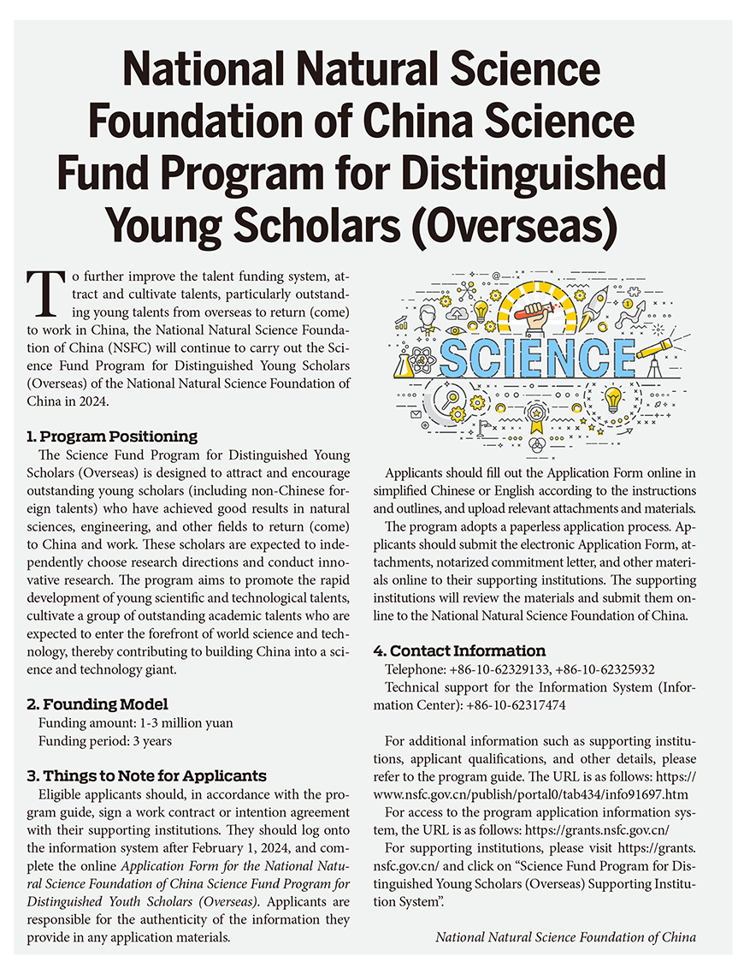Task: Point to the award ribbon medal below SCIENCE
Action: coord(537,419)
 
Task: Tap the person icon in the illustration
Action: coord(426,318)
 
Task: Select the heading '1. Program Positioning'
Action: coord(112,437)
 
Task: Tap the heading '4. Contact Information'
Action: coord(459,650)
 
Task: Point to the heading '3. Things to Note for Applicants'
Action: coord(146,776)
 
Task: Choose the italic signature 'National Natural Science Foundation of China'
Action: coord(565,936)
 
